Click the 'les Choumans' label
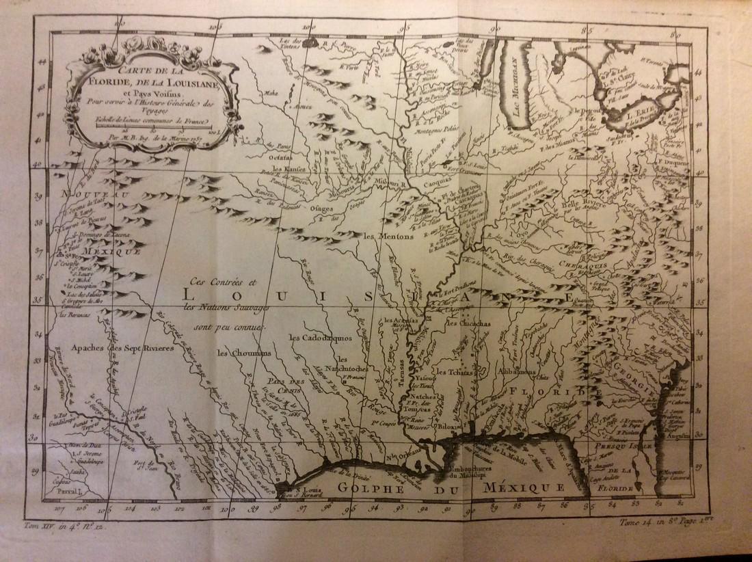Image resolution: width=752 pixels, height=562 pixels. coord(244,353)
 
